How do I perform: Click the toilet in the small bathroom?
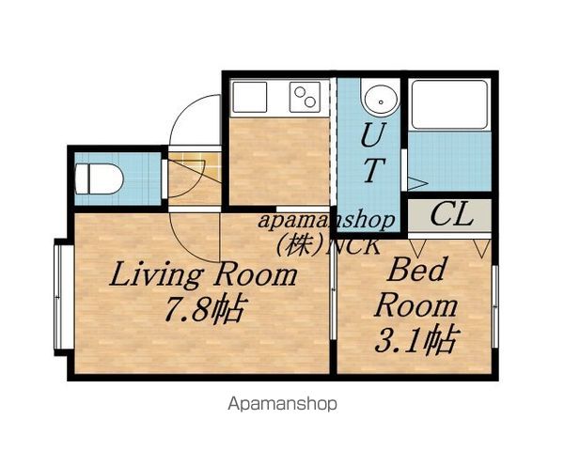(x=100, y=179)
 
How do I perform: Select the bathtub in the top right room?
(x=449, y=104)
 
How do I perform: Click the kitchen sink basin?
(x=250, y=97)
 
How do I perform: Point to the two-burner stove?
(x=305, y=97)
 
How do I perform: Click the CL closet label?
(x=451, y=214)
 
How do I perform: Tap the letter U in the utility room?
(x=374, y=135)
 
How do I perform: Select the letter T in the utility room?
(x=374, y=170)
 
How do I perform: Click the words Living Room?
(x=203, y=274)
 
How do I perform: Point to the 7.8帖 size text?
(x=205, y=308)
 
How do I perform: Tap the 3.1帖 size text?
(x=416, y=339)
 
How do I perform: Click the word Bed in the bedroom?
(x=416, y=270)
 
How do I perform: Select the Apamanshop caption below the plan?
(x=282, y=404)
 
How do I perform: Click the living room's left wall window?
(x=58, y=297)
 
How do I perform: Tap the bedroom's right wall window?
(x=495, y=306)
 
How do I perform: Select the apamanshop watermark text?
(x=326, y=220)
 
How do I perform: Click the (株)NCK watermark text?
(x=327, y=245)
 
